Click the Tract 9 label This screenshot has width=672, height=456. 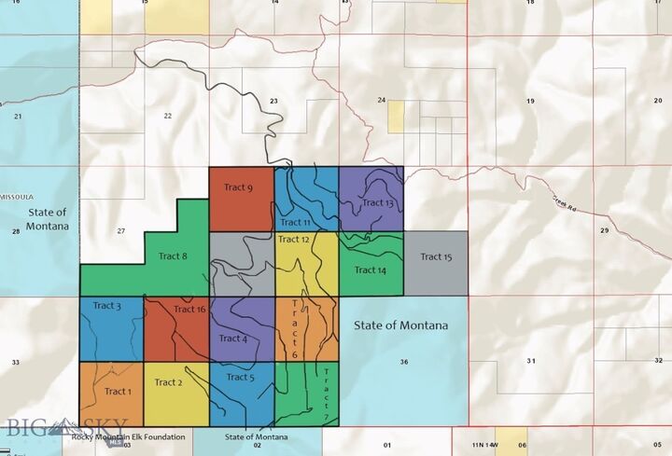[238, 187]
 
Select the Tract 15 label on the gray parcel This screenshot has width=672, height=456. [436, 257]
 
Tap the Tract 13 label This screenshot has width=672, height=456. [378, 202]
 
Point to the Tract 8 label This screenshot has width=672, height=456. [173, 256]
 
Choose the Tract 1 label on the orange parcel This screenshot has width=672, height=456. [119, 392]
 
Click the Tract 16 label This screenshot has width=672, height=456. [189, 310]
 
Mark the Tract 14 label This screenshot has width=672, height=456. [370, 270]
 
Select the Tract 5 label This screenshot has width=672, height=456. [239, 378]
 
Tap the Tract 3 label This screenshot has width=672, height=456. [106, 306]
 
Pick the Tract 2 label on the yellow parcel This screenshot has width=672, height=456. [168, 382]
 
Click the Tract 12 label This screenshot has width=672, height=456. [293, 240]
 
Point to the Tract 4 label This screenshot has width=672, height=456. [232, 339]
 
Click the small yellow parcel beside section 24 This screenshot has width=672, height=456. [396, 116]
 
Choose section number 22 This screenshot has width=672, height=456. [168, 116]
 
